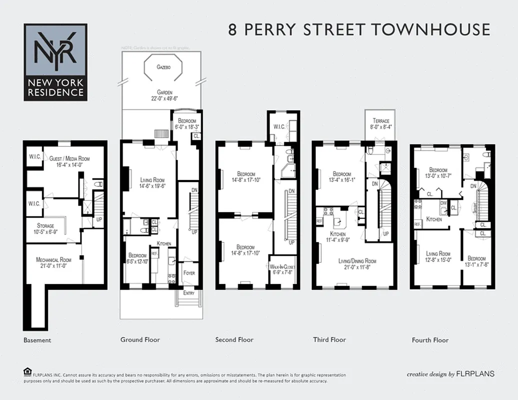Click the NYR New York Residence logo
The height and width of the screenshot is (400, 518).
click(x=55, y=62)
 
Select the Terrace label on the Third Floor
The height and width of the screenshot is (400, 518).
click(x=381, y=121)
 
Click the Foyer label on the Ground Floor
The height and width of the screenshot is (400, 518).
click(x=189, y=273)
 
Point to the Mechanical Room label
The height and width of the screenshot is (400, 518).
click(x=54, y=259)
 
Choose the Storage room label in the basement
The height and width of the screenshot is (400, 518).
click(x=46, y=225)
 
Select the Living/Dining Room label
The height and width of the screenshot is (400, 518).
click(x=357, y=261)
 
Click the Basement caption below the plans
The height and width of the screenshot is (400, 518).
click(x=37, y=340)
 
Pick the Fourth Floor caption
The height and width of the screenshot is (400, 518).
click(x=430, y=340)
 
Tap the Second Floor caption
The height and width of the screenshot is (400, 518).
click(x=234, y=340)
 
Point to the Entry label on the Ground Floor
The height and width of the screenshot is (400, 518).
click(x=188, y=293)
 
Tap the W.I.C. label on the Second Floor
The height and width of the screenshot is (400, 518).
click(x=279, y=126)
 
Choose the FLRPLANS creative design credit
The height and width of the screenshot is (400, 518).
click(x=450, y=373)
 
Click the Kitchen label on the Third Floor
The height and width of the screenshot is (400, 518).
click(x=338, y=234)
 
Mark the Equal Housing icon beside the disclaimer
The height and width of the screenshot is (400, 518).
click(x=27, y=371)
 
